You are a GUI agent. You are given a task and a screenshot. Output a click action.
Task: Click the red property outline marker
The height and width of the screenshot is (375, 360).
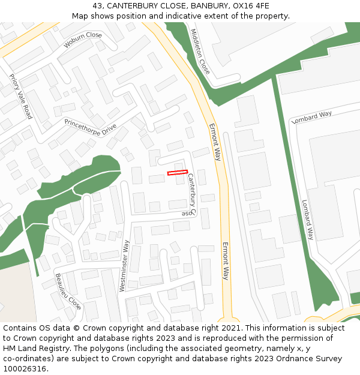[x=178, y=173]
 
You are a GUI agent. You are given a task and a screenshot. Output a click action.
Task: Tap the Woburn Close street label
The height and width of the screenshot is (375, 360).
[x=83, y=40]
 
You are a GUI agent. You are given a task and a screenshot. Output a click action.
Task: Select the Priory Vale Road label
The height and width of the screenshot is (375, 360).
[x=20, y=96]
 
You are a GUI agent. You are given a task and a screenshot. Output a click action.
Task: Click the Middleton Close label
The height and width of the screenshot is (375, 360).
[x=200, y=52]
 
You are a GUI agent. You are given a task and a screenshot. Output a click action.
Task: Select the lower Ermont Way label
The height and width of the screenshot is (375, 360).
[x=226, y=261]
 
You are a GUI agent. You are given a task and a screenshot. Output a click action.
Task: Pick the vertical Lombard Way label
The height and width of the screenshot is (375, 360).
[x=307, y=220]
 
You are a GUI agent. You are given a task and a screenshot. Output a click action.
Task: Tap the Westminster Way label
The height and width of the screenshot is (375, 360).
[x=124, y=266]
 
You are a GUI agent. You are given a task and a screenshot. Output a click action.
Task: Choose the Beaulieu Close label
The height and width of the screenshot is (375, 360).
[x=68, y=291]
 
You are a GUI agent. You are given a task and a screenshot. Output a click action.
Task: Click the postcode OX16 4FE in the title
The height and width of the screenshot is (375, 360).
[x=251, y=6]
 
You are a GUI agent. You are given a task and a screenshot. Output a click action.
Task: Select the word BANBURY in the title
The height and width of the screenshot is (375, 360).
[x=211, y=6]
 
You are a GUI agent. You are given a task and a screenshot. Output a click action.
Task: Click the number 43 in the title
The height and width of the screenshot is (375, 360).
[x=98, y=6]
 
